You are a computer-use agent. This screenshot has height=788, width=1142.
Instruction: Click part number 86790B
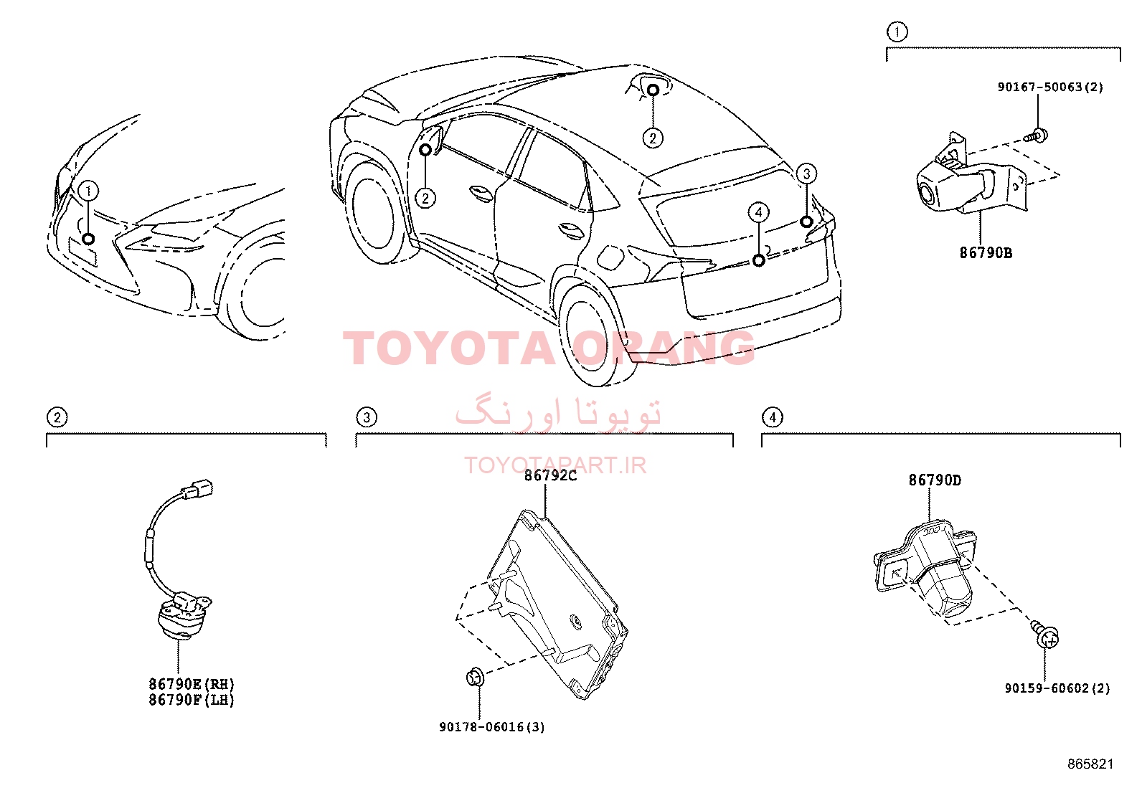986,253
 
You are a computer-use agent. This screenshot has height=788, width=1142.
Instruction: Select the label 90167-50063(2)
1050,87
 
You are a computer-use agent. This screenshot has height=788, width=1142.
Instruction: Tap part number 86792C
551,475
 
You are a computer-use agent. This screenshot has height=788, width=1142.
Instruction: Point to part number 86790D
935,480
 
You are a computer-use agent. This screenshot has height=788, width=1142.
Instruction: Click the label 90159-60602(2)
1057,688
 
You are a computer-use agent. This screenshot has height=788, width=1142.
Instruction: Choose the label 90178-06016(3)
492,727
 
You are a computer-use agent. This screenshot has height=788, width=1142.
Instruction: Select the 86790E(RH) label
192,684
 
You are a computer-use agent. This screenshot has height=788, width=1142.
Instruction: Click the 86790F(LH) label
192,701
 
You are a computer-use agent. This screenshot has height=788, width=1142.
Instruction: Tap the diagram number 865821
1090,764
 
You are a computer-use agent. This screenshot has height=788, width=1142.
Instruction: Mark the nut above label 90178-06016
475,678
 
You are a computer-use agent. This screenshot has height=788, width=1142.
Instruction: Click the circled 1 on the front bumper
89,191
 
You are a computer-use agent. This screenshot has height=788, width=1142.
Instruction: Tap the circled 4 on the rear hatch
759,212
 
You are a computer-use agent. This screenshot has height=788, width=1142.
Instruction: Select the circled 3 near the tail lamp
806,174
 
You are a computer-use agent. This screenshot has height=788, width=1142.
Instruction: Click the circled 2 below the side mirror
425,198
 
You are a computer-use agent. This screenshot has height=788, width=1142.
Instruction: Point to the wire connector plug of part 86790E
197,488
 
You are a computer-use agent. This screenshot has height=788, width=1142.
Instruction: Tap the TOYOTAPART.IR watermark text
555,465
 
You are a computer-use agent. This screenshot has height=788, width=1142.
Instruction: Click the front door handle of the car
480,191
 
